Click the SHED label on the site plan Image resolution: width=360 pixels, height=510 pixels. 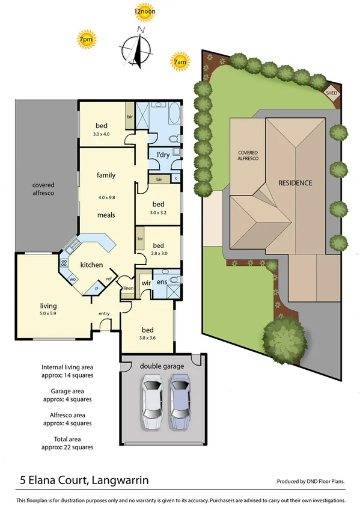(x=331, y=94)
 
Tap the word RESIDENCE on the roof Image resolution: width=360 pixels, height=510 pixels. (x=294, y=182)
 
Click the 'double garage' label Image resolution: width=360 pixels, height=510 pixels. (x=162, y=366)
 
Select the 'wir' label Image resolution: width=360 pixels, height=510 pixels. (x=145, y=282)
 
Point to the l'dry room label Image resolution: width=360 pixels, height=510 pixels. (x=163, y=156)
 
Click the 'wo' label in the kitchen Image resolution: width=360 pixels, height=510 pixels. (x=73, y=279)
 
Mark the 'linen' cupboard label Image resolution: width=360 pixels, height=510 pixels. (x=127, y=289)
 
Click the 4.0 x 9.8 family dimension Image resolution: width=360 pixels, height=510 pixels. (x=106, y=197)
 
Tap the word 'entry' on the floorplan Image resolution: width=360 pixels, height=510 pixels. (x=105, y=313)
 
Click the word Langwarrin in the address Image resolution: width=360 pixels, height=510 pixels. (x=118, y=481)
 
